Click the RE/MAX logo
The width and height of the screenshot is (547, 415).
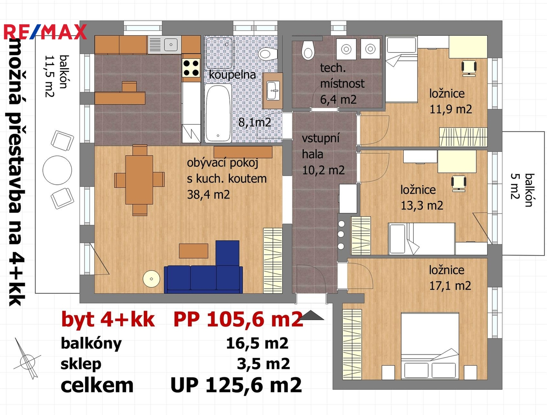pos(45,32)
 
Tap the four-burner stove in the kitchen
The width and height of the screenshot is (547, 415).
pos(191,68)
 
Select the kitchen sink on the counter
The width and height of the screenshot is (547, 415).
pos(165,45)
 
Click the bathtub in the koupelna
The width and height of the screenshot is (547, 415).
pos(218,113)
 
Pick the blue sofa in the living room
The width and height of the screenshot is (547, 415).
pos(203,267)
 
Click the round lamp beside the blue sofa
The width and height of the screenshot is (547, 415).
pos(151,279)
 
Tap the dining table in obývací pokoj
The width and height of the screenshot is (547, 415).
pos(139,180)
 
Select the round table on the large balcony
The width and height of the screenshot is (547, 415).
pos(57,170)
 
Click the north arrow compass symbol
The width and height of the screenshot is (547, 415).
pos(27,359)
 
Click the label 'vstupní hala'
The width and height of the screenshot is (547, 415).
pos(321,146)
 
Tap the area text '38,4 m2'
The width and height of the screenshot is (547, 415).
pos(209,194)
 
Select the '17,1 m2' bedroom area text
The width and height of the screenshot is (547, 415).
pos(450,286)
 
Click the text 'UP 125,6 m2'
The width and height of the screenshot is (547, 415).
pos(236,385)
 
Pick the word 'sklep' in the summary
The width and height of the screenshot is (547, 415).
pos(81,364)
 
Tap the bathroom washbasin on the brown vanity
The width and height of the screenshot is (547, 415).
pos(273,91)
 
